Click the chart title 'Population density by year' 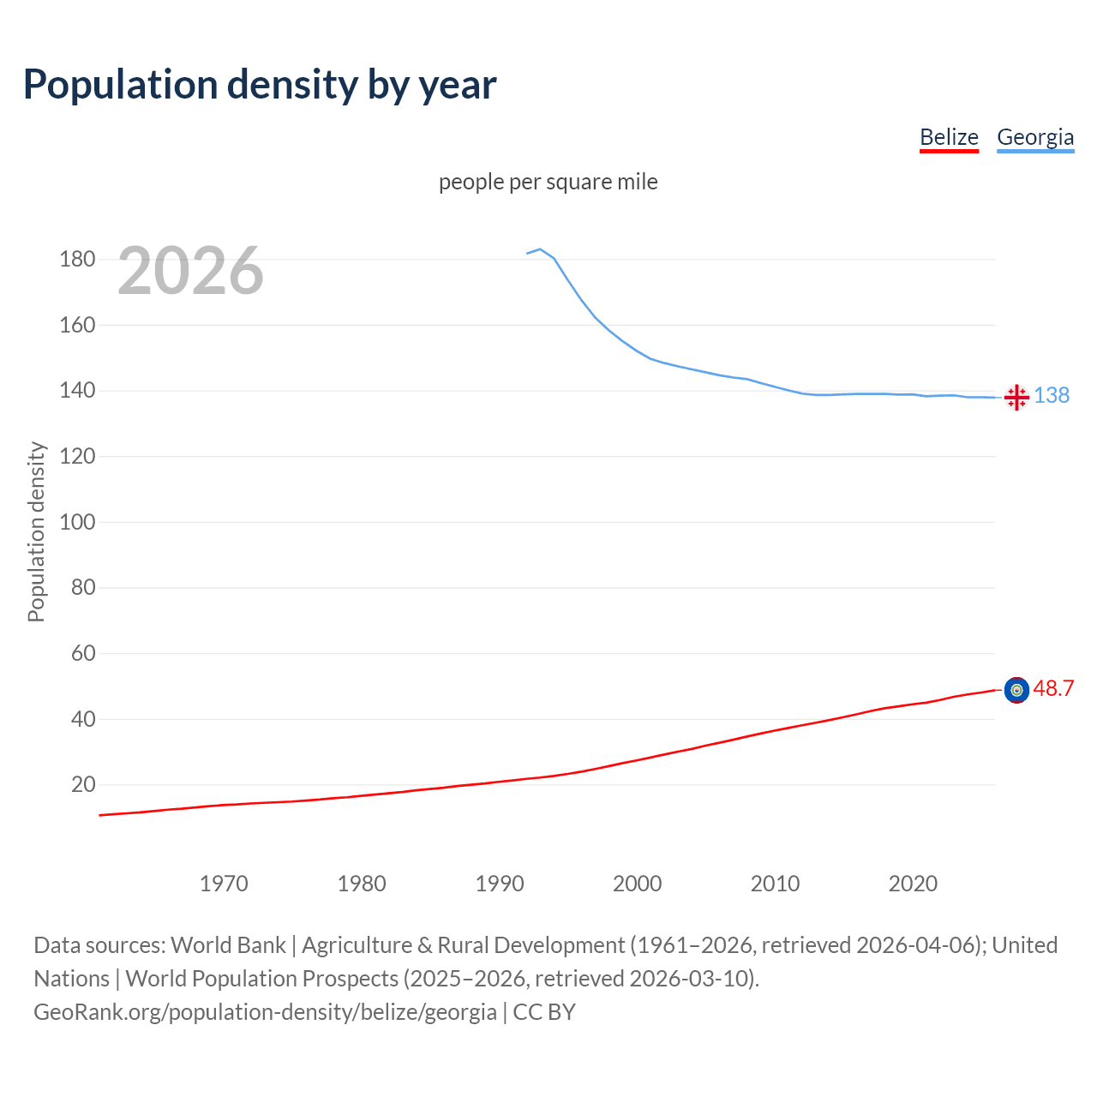(260, 84)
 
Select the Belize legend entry (949, 137)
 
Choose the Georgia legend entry (1035, 137)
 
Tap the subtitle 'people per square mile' (548, 182)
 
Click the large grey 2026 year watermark (190, 271)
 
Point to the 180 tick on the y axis (77, 259)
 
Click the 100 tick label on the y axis (77, 522)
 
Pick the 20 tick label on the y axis (83, 784)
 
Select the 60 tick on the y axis (83, 653)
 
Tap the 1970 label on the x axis (224, 884)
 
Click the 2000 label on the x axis (637, 884)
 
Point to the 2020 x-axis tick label (913, 884)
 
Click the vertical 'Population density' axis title (36, 531)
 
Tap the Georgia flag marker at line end (1016, 397)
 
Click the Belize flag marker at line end (1016, 690)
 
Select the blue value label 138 (1052, 395)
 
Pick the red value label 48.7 (1053, 688)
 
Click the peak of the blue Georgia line (540, 249)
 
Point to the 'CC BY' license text (544, 1012)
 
